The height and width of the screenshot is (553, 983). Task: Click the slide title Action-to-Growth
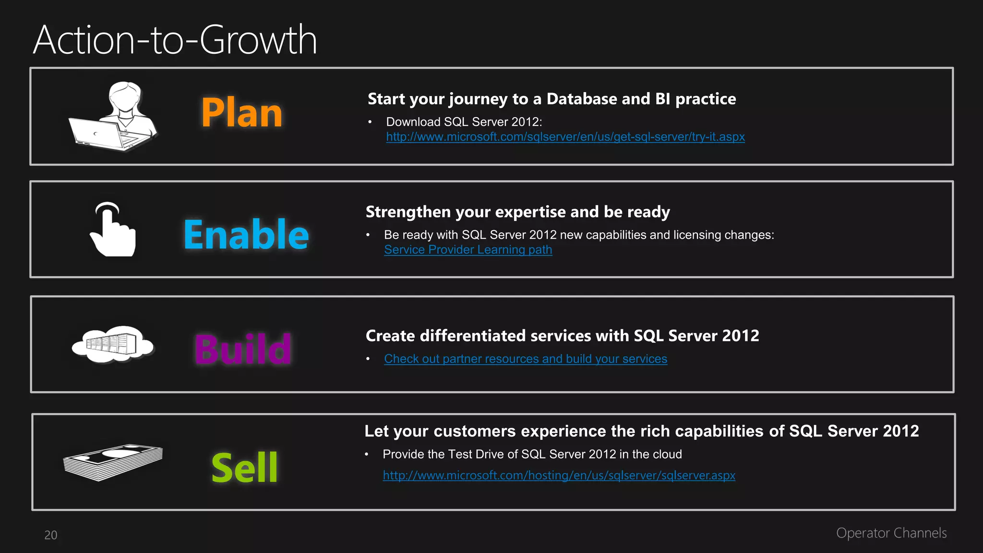coord(175,40)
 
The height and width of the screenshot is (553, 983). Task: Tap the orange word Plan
coord(242,113)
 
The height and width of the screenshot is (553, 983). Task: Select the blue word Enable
coord(246,234)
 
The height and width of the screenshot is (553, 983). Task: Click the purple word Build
coord(243,349)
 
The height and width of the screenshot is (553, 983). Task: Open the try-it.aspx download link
coord(565,137)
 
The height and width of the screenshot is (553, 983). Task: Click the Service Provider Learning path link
coord(468,250)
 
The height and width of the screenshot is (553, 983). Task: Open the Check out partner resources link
coord(526,359)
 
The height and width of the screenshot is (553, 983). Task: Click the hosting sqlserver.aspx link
coord(559,475)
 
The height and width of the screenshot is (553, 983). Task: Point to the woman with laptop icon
coord(114,117)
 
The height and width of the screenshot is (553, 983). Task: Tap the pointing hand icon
coord(113,230)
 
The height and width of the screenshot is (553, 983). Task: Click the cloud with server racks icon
coord(113,344)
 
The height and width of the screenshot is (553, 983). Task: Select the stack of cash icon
coord(113,461)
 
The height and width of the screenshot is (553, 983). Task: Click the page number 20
coord(51,535)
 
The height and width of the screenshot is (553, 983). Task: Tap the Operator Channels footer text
coord(891,533)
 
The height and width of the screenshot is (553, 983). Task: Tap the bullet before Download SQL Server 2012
coord(370,122)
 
